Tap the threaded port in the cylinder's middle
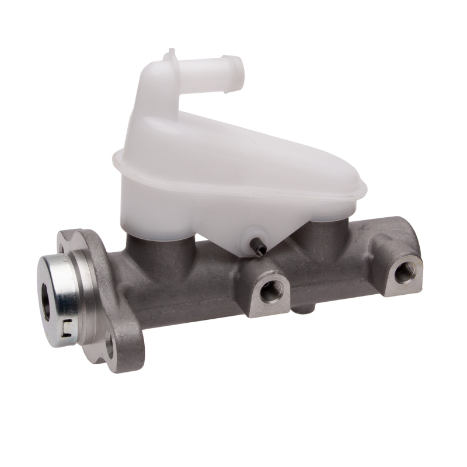pyautogui.click(x=270, y=291)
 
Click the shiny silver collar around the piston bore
pyautogui.click(x=58, y=298)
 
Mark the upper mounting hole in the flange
pyautogui.click(x=62, y=249)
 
